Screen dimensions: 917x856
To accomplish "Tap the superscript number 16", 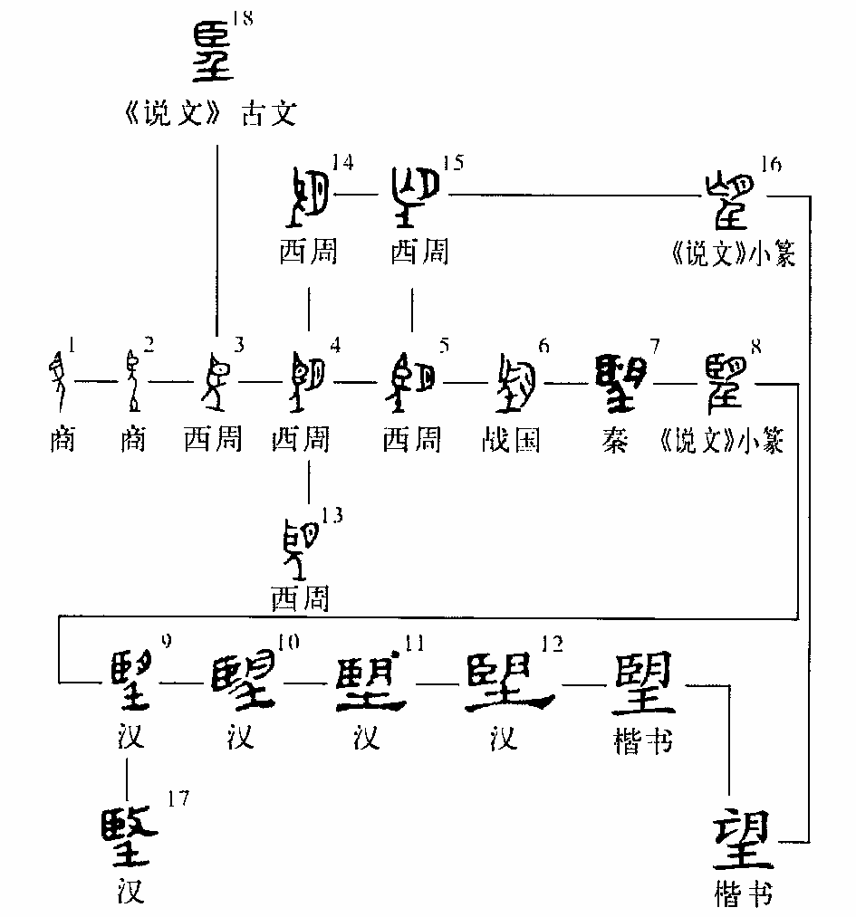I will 773,164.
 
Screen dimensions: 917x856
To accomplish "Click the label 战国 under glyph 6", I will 513,440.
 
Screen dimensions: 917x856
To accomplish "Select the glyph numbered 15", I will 414,197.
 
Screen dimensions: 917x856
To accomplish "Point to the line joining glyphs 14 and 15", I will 360,194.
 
